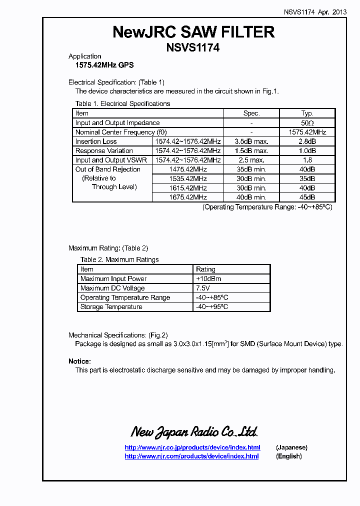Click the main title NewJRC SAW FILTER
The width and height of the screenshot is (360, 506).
(x=193, y=32)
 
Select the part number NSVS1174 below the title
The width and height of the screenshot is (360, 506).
(x=193, y=48)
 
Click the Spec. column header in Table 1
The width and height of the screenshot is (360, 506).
(x=251, y=113)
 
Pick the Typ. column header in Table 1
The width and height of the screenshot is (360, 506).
(x=307, y=113)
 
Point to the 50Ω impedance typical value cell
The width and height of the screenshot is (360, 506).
(x=307, y=123)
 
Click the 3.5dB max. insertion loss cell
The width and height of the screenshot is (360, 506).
(x=251, y=141)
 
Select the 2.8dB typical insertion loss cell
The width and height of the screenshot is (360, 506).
(x=307, y=141)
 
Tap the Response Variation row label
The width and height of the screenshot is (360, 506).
(x=104, y=151)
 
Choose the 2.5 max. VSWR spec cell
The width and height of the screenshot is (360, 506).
(x=251, y=160)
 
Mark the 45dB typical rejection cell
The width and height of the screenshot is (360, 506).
(x=307, y=197)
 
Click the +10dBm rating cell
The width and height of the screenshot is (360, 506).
(x=208, y=279)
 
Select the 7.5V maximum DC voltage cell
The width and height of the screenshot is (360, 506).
(x=203, y=288)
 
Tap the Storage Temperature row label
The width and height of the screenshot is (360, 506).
(x=111, y=307)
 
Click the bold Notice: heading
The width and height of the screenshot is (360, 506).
(x=79, y=361)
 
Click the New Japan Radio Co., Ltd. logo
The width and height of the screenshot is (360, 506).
(x=194, y=431)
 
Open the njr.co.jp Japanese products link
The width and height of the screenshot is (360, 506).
(x=192, y=447)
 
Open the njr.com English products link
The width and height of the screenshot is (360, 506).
(x=191, y=456)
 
